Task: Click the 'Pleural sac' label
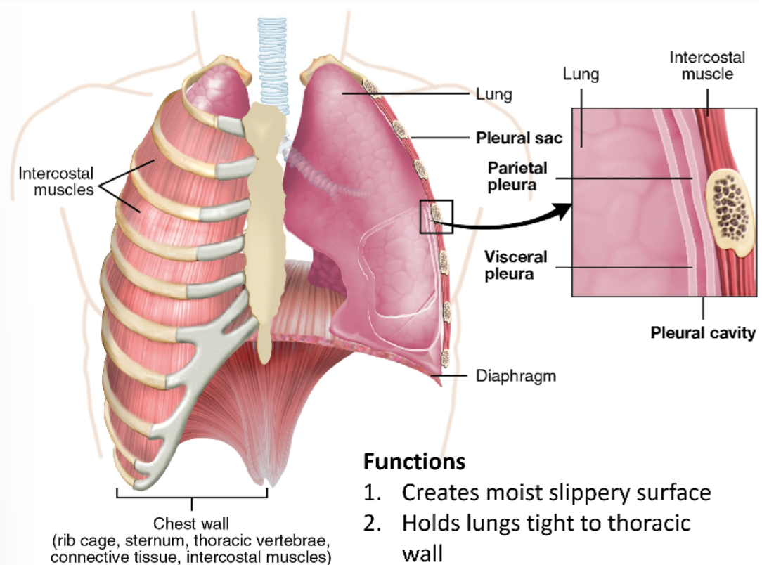coord(519,138)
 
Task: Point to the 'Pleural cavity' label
coord(702,332)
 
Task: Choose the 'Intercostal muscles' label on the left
coord(56,181)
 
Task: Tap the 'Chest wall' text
coord(191,523)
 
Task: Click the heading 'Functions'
coord(414,462)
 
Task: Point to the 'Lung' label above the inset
coord(581,74)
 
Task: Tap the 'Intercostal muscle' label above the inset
coord(706,65)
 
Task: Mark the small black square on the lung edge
coord(436,216)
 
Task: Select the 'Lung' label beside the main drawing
coord(494,93)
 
